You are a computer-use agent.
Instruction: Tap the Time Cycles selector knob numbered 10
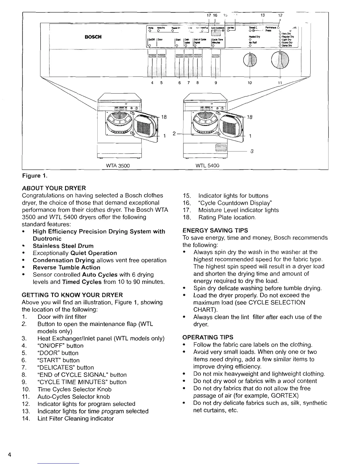point(250,61)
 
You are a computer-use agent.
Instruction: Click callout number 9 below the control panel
point(216,83)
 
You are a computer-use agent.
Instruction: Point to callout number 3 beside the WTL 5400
point(252,152)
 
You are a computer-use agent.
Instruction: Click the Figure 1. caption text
point(35,176)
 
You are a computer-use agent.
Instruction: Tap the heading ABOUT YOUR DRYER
point(54,188)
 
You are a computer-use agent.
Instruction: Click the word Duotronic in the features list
point(47,239)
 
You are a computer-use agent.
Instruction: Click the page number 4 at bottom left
point(10,455)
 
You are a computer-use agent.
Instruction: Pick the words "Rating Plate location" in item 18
point(227,218)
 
